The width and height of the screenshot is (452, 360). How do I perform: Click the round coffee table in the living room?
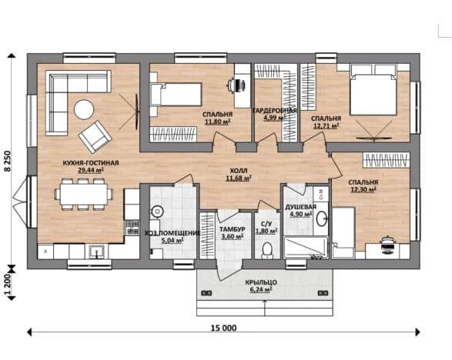(84, 109)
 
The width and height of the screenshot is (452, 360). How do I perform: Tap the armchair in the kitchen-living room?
(95, 136)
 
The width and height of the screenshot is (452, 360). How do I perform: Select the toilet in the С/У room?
(267, 250)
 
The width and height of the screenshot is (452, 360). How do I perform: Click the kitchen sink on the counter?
(96, 252)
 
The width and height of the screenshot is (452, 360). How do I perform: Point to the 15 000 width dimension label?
(224, 328)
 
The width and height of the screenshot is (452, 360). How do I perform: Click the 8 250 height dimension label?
(8, 162)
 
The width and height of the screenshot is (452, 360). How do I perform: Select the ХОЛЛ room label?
(239, 171)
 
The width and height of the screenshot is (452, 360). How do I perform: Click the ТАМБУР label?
(232, 229)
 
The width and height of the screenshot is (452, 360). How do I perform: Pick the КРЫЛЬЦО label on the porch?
(261, 282)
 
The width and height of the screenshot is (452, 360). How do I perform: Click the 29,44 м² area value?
(91, 170)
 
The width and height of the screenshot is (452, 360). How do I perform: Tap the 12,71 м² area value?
(326, 125)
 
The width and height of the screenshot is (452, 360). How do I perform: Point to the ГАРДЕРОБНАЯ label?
(275, 111)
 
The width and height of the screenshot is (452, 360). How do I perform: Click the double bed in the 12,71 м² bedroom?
(373, 90)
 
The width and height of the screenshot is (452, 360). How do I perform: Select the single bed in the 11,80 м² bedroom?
(176, 95)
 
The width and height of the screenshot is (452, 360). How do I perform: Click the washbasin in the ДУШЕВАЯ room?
(322, 219)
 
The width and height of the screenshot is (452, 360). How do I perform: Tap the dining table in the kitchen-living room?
(84, 194)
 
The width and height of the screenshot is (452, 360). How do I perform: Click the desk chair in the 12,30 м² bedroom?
(388, 245)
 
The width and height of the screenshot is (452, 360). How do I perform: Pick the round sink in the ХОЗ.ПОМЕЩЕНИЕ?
(157, 212)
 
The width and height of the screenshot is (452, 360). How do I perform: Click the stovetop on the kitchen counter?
(132, 228)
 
